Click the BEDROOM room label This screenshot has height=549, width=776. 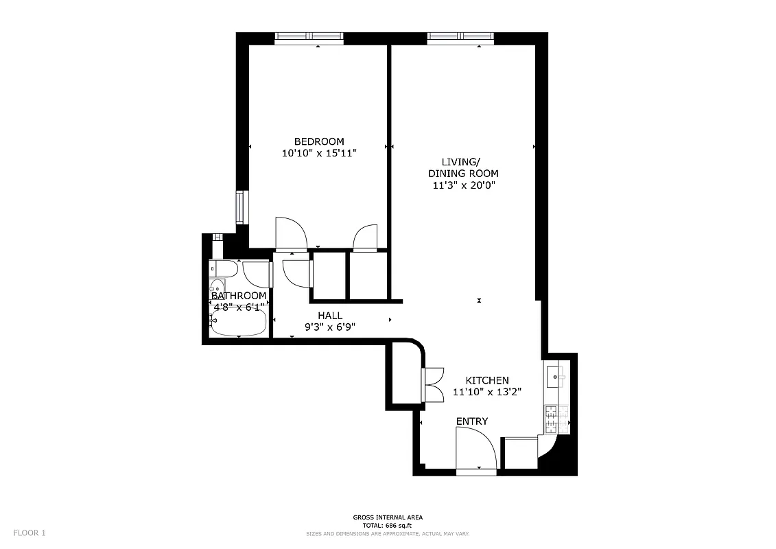coord(319,141)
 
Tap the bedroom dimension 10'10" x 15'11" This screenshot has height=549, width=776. coord(319,153)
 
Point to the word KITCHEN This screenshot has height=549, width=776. coord(487,380)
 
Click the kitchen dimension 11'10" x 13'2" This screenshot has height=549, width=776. coord(487,393)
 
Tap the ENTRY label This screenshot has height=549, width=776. coord(472,421)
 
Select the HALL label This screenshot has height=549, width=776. coord(330,316)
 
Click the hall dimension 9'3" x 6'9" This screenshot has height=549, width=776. coord(330,327)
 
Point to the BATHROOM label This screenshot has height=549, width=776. coord(239,296)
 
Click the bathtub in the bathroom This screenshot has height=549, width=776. coord(238,323)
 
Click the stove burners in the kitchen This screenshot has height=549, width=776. coord(552,419)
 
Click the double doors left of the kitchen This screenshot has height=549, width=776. coord(433,384)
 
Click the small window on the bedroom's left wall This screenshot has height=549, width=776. coord(240,208)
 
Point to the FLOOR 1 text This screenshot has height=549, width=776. coord(28,533)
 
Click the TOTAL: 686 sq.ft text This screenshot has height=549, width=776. coord(388,525)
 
